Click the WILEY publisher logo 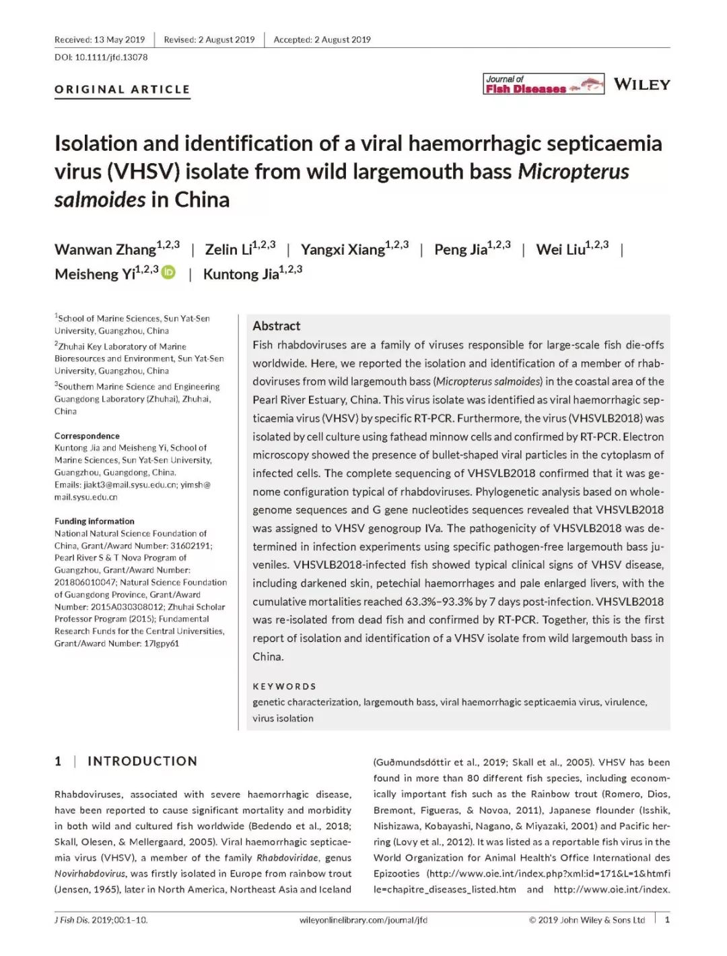(642, 84)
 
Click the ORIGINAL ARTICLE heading (123, 89)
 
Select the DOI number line (101, 57)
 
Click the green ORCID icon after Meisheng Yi (168, 272)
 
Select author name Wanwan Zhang (106, 249)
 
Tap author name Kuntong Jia (241, 274)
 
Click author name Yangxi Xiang (343, 249)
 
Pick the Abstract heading (276, 326)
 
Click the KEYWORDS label (284, 686)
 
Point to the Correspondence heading (87, 436)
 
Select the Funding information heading (94, 521)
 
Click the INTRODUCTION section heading (142, 761)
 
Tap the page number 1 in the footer (667, 920)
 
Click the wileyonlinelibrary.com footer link (363, 920)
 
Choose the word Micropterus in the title (573, 172)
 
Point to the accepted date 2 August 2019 (322, 40)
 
